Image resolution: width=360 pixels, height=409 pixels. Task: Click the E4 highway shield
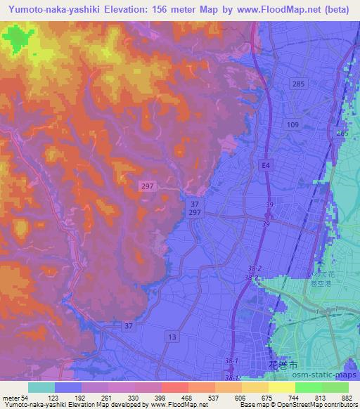coord(264,165)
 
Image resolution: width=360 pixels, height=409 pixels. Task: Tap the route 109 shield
coord(293,124)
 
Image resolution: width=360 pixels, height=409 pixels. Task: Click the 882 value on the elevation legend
coord(348,398)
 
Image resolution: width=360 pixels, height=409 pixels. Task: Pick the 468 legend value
coord(187,398)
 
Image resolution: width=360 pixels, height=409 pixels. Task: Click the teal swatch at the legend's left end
coord(41,387)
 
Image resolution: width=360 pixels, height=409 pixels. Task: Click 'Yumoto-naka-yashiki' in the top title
coord(56,9)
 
